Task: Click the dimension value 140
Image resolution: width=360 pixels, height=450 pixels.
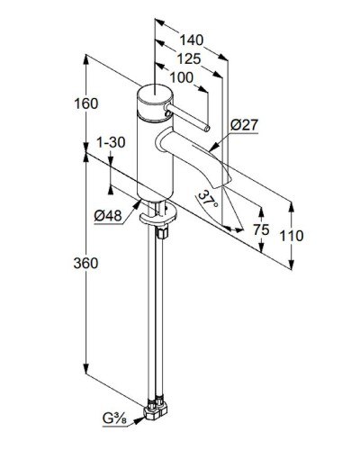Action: pyautogui.click(x=191, y=40)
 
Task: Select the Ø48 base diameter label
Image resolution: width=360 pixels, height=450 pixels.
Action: pyautogui.click(x=110, y=215)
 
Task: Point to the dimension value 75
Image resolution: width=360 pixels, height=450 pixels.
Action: pyautogui.click(x=261, y=229)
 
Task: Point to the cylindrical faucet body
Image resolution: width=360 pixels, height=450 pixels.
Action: pyautogui.click(x=148, y=153)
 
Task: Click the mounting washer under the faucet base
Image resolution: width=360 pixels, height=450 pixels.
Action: pyautogui.click(x=154, y=214)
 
